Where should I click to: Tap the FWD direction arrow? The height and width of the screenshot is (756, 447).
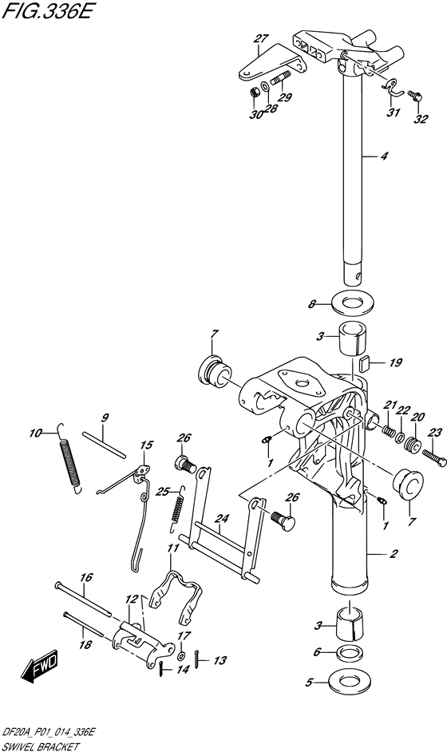[38, 669]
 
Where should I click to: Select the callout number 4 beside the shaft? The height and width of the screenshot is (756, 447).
[383, 156]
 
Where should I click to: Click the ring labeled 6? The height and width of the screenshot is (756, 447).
[348, 652]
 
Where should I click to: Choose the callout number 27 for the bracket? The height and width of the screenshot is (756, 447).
[260, 38]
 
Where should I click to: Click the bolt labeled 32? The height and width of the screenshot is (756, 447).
[413, 96]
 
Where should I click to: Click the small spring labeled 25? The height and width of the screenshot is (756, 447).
[179, 511]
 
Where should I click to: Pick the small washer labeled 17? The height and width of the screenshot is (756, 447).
[181, 655]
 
